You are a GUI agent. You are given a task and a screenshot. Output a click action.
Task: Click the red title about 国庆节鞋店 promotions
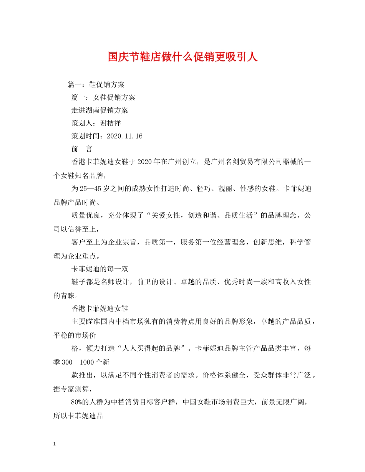182,57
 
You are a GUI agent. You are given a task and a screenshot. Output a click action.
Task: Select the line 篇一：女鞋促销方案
103,97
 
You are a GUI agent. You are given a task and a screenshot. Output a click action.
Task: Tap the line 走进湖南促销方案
100,110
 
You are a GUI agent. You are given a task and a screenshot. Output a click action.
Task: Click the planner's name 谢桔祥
110,123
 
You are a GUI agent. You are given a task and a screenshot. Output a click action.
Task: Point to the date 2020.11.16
124,136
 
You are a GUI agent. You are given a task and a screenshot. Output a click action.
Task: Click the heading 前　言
81,149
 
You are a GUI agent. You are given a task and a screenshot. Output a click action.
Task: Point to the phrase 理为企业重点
75,256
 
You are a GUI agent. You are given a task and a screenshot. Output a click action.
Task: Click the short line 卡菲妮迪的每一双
100,269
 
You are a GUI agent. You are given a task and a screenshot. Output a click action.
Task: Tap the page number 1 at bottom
55,444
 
